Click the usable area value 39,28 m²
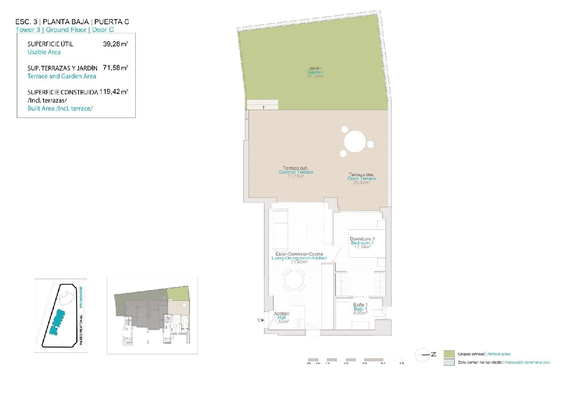(115, 44)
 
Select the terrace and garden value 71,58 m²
(115, 68)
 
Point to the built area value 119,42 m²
(113, 92)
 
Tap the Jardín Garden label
(315, 70)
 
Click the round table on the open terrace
(355, 141)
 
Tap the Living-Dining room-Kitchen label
(299, 256)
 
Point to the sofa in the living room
(280, 230)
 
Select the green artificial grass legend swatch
(449, 354)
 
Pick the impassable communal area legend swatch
(449, 363)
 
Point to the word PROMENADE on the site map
(81, 296)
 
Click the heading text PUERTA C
(112, 22)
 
